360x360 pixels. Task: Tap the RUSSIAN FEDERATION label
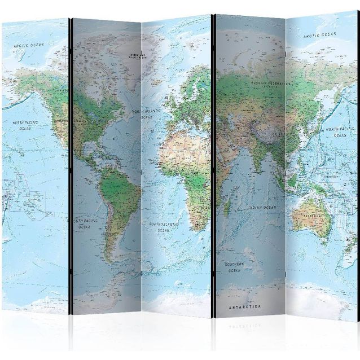270,83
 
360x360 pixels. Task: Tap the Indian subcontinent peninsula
255,159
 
